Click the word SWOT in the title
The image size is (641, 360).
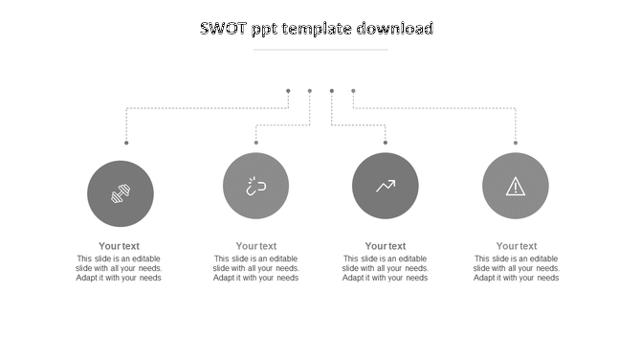pyautogui.click(x=224, y=29)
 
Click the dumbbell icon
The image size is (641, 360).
pyautogui.click(x=121, y=193)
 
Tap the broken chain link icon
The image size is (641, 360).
pyautogui.click(x=255, y=186)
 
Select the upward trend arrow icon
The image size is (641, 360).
pyautogui.click(x=386, y=186)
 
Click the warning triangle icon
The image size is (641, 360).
pyautogui.click(x=516, y=186)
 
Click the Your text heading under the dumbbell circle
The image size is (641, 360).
pyautogui.click(x=120, y=246)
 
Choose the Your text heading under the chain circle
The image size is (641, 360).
pyautogui.click(x=256, y=246)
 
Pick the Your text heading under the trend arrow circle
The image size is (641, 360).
pyautogui.click(x=386, y=246)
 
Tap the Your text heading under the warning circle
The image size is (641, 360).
pyautogui.click(x=517, y=246)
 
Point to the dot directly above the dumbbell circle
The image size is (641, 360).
pyautogui.click(x=126, y=143)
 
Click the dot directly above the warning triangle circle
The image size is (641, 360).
pyautogui.click(x=516, y=143)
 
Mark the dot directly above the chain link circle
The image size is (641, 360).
pyautogui.click(x=256, y=143)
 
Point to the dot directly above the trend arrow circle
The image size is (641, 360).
pyautogui.click(x=386, y=143)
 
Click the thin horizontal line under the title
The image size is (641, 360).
pyautogui.click(x=320, y=49)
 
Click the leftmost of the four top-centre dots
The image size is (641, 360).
pyautogui.click(x=288, y=91)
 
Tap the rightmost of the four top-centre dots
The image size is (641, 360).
pyautogui.click(x=353, y=91)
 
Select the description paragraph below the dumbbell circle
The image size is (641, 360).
pyautogui.click(x=120, y=268)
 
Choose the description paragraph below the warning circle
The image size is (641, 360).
pyautogui.click(x=517, y=268)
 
